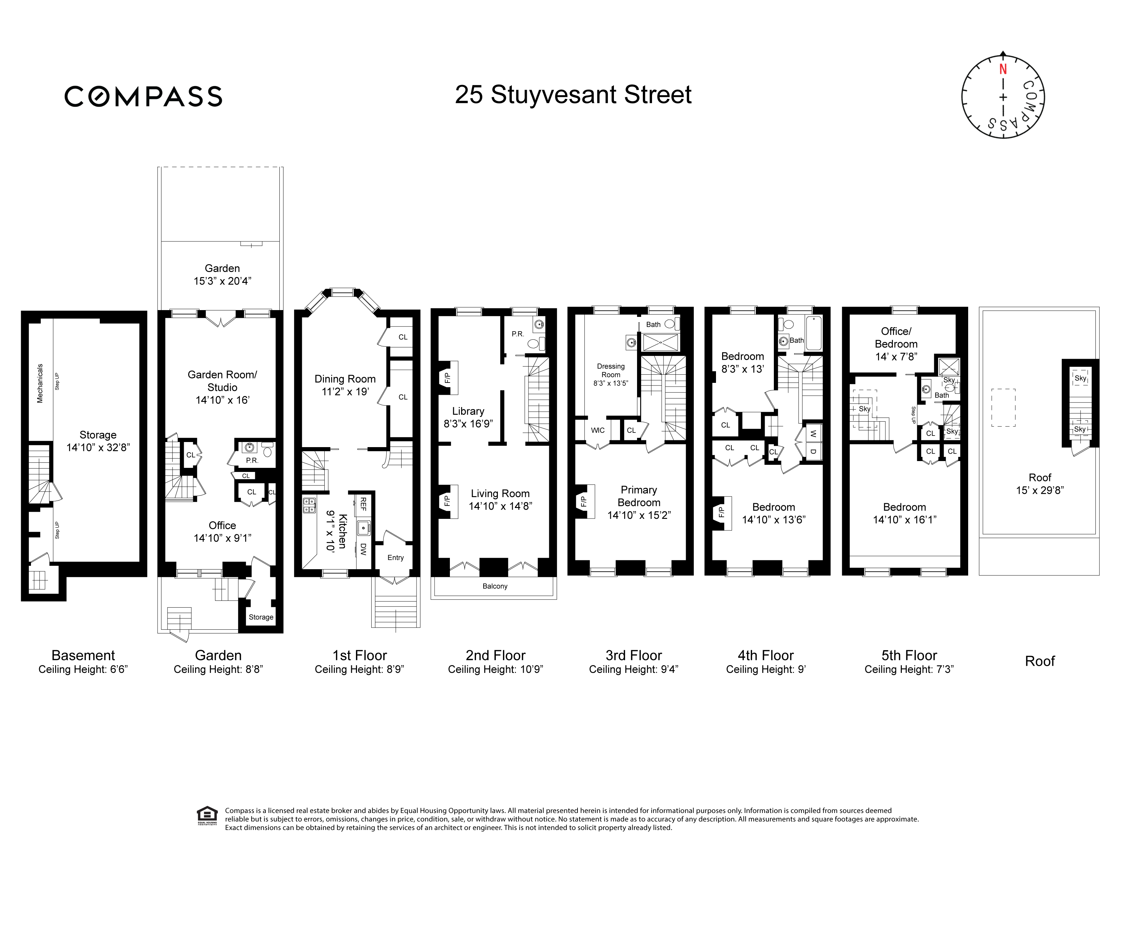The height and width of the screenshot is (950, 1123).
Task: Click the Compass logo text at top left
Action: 143,97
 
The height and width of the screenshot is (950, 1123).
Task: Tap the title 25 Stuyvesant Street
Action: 573,95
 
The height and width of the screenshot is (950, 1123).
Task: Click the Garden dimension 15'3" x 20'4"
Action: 222,281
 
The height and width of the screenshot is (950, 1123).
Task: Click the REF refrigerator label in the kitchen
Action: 363,504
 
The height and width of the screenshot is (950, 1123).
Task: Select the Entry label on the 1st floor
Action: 395,557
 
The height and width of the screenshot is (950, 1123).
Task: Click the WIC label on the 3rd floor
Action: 598,430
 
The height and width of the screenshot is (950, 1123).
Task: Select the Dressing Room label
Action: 611,371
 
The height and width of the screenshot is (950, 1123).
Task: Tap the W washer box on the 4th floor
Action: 813,434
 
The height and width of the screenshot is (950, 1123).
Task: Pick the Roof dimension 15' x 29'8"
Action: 1040,490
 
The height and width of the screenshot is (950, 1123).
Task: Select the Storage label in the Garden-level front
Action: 261,617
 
